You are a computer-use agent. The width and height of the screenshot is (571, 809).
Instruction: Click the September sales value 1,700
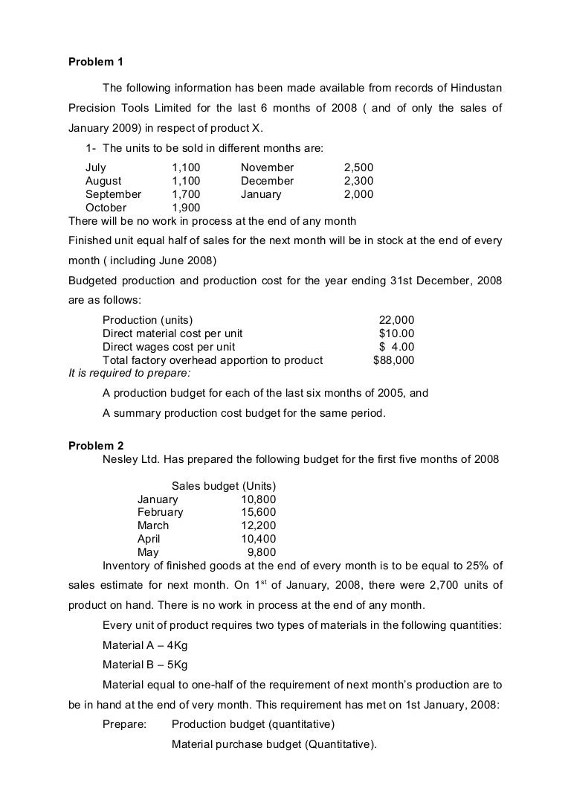tap(186, 194)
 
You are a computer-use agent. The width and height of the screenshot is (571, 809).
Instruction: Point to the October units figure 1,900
tap(186, 208)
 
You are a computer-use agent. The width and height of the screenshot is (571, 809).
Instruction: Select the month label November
tap(267, 167)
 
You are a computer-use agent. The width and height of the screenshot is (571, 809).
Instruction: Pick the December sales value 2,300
tap(358, 181)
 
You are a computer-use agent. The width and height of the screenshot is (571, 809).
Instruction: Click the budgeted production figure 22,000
tap(397, 320)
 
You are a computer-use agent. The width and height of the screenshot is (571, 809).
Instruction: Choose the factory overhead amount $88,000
tap(393, 360)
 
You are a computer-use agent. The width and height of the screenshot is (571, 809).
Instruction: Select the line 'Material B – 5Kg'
tap(145, 665)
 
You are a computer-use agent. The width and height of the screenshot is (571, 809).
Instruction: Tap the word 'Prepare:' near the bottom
tap(125, 724)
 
